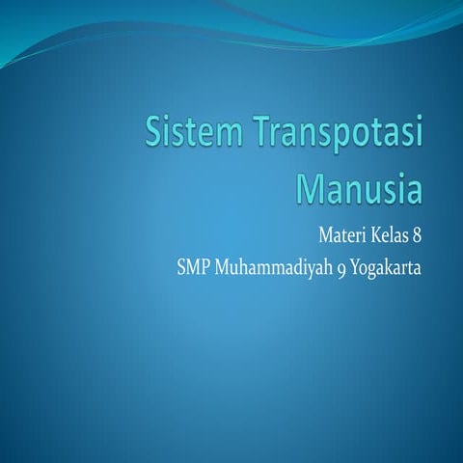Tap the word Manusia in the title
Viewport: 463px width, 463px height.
click(x=359, y=186)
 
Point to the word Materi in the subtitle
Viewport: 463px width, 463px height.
click(x=340, y=233)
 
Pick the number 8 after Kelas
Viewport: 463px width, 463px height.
click(x=419, y=233)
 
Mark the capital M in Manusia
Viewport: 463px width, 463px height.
click(x=310, y=186)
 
